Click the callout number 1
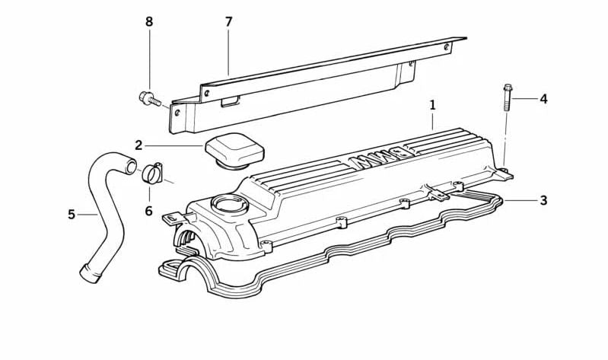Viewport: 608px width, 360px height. [x=432, y=104]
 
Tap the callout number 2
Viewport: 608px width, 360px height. [x=138, y=145]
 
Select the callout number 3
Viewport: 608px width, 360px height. [x=543, y=200]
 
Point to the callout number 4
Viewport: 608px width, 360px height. [x=543, y=99]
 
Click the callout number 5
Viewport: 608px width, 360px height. [x=72, y=215]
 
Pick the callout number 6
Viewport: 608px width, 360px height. [x=149, y=211]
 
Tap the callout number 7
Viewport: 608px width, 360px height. [x=228, y=22]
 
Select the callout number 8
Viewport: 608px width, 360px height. [x=149, y=22]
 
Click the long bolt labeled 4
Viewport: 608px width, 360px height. [x=506, y=97]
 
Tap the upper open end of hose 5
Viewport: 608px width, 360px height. [x=131, y=165]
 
